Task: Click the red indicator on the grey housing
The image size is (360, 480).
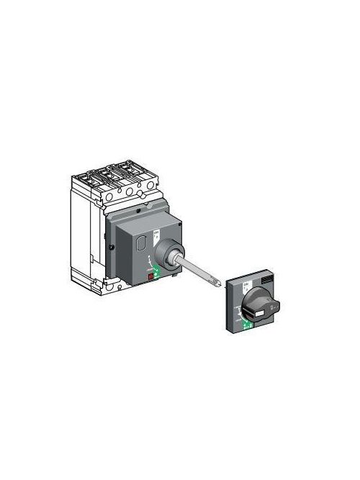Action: (x=151, y=276)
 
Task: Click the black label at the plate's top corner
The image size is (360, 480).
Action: (x=266, y=279)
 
